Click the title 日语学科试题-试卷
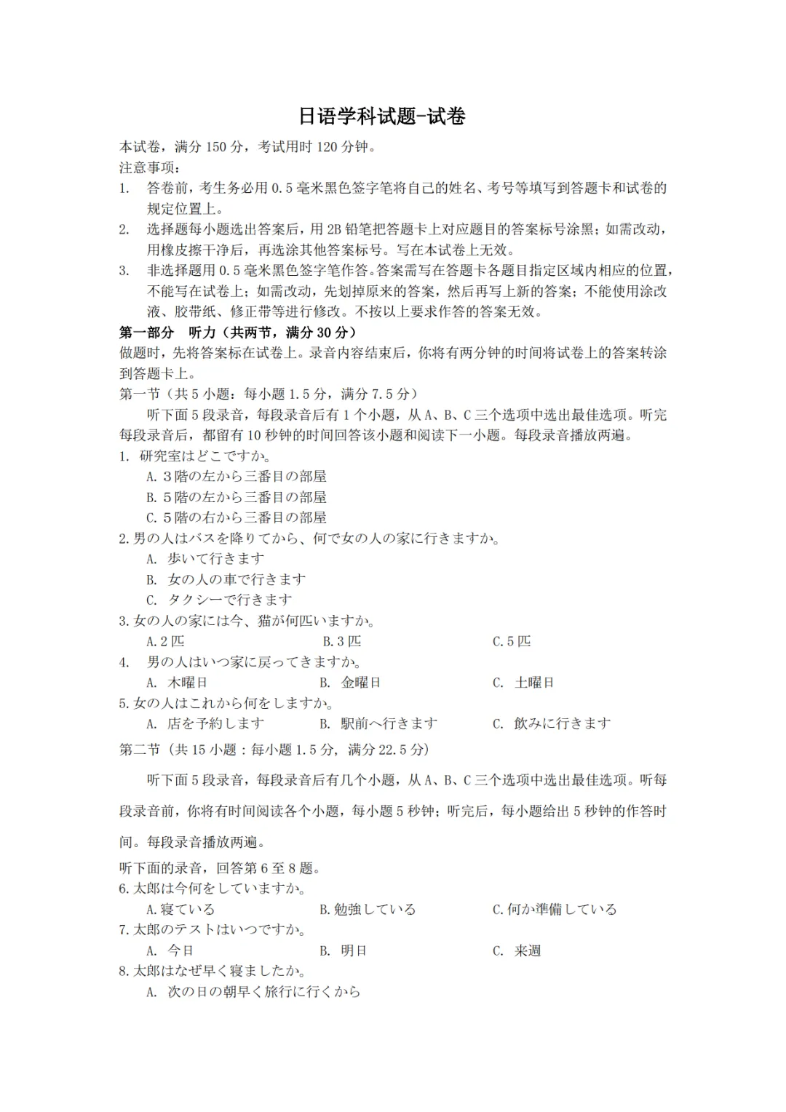[x=381, y=116]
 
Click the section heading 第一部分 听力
[x=238, y=333]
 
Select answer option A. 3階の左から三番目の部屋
[x=236, y=477]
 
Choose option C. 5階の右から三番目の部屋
[x=236, y=518]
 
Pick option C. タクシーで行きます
[x=218, y=600]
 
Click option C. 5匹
[x=512, y=642]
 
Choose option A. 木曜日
[x=177, y=683]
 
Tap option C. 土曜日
[x=523, y=683]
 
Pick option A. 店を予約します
[x=205, y=724]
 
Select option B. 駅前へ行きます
[x=378, y=724]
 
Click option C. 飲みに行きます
[x=552, y=724]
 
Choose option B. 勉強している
[x=368, y=910]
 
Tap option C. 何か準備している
[x=555, y=910]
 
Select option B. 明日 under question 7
[x=343, y=951]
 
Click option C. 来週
[x=517, y=951]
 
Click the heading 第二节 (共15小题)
[x=274, y=750]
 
